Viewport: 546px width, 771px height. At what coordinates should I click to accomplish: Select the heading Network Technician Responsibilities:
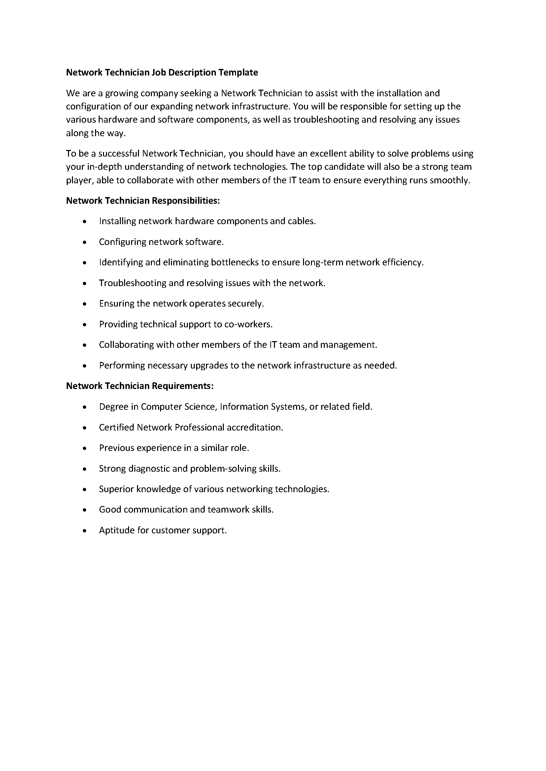[143, 201]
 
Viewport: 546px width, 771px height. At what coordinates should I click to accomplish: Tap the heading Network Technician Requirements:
[140, 386]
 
